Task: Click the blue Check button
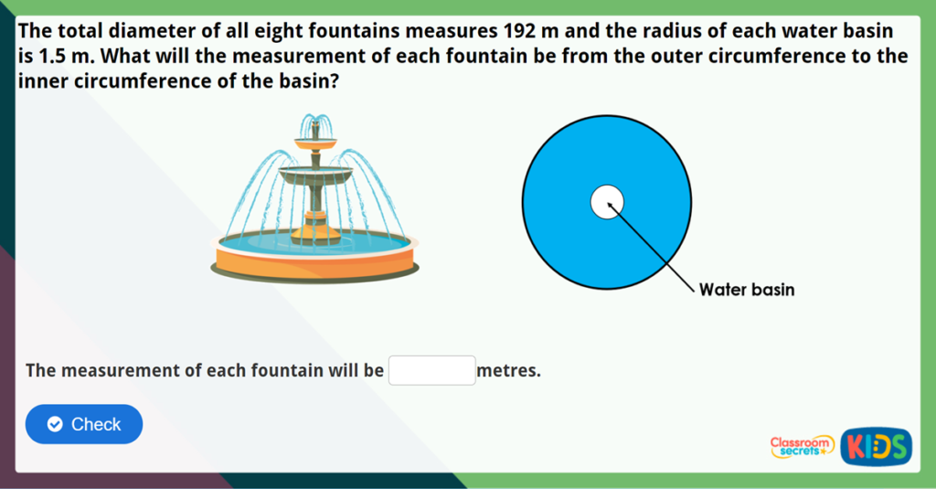point(84,424)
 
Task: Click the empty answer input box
point(432,370)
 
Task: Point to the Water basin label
point(747,290)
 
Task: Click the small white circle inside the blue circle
point(606,202)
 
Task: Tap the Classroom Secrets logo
point(802,446)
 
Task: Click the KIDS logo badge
point(876,446)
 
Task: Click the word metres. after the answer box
point(509,371)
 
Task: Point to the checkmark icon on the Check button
point(55,424)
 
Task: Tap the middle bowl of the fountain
point(315,174)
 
